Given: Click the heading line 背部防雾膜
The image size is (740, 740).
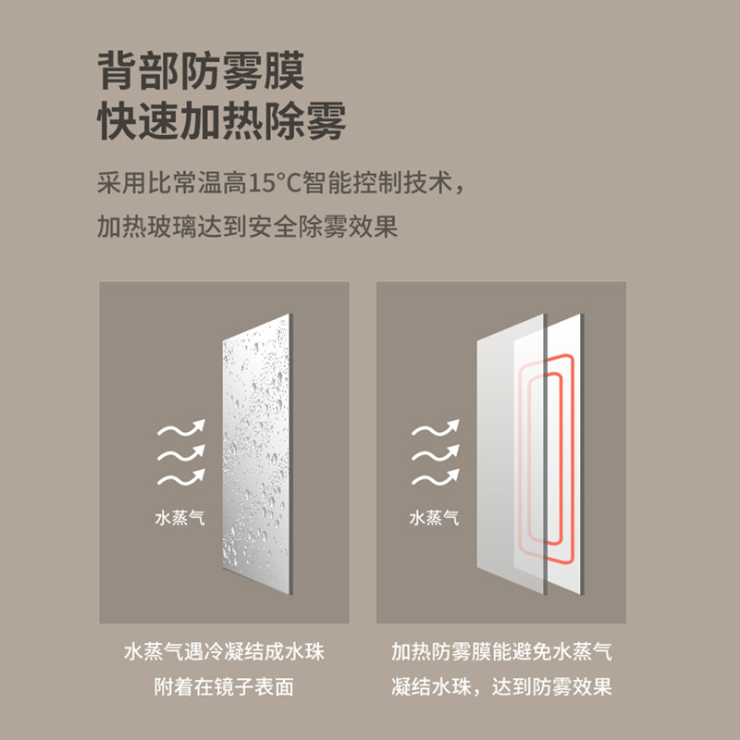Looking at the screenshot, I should [x=201, y=70].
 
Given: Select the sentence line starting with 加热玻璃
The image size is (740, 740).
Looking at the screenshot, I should [x=247, y=226].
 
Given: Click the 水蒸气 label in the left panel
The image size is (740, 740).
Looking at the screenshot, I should [x=179, y=518].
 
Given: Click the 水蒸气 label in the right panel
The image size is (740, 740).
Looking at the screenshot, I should [x=434, y=518].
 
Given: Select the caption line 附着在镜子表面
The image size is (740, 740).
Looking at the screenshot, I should [x=224, y=687].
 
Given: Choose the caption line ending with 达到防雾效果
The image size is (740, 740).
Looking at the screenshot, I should [x=500, y=687].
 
